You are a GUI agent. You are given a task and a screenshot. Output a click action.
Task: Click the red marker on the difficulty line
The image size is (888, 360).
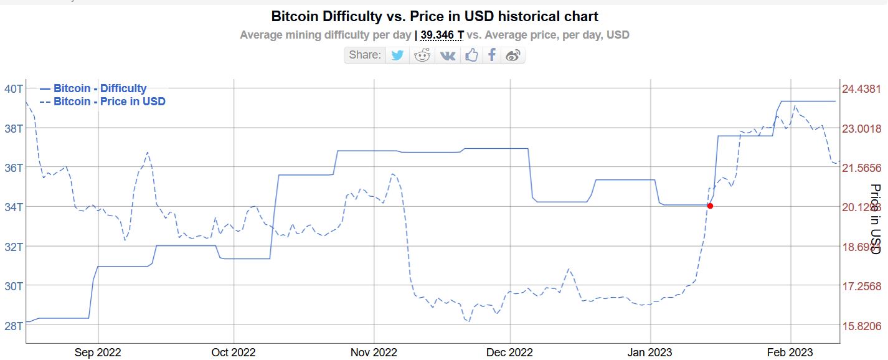coord(710,206)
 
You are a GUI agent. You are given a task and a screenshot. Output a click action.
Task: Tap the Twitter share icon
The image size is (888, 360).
coord(397,55)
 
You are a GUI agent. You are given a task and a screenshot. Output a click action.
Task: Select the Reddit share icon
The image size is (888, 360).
coord(422,55)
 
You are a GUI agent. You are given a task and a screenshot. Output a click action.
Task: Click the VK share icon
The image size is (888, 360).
coord(448,55)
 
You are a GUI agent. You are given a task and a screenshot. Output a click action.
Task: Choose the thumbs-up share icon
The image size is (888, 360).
coord(471,55)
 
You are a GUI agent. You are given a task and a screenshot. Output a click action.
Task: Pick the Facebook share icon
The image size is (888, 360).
coord(492,55)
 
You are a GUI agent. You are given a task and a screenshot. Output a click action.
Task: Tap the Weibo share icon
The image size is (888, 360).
coord(513,55)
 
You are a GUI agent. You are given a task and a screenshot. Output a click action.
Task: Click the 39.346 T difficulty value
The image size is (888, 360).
coord(442,35)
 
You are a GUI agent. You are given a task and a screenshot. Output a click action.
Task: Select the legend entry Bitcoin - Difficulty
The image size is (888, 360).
coord(100,88)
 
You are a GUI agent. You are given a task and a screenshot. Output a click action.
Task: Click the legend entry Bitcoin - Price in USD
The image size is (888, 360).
coord(109,101)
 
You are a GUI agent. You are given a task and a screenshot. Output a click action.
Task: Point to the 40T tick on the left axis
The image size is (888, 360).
coord(13,88)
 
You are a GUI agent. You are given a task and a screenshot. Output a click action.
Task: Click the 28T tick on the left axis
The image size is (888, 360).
coord(13,325)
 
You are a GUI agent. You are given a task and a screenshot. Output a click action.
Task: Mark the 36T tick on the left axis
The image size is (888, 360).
coord(13,168)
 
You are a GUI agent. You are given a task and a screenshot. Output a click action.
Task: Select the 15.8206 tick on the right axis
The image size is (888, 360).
coord(861,326)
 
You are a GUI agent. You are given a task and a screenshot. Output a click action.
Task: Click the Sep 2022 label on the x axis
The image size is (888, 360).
coord(98,353)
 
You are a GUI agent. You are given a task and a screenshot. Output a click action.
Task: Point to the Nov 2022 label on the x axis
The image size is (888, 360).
coord(374,353)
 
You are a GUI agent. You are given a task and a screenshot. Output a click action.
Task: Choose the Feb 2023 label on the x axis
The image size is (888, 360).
coord(790,353)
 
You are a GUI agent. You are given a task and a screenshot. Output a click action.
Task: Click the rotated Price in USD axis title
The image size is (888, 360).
coord(875,219)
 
